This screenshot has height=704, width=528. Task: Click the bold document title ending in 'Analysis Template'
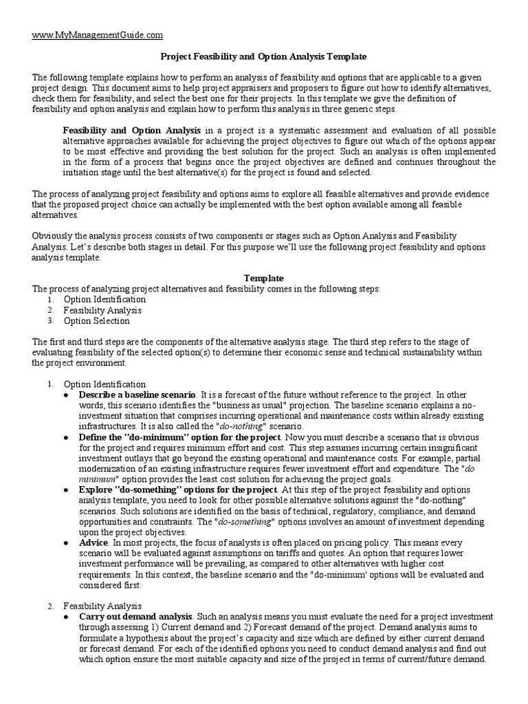(263, 56)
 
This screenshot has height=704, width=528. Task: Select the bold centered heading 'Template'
(263, 278)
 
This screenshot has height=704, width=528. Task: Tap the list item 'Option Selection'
(96, 320)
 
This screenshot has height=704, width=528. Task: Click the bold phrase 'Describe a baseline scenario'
(137, 395)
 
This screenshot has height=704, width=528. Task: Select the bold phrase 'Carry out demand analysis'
(136, 617)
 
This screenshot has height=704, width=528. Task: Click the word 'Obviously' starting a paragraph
(53, 236)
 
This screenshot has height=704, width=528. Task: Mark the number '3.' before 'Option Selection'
(51, 320)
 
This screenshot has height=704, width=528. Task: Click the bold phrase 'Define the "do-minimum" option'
(179, 437)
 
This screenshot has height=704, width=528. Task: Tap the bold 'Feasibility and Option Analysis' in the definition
(132, 129)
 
